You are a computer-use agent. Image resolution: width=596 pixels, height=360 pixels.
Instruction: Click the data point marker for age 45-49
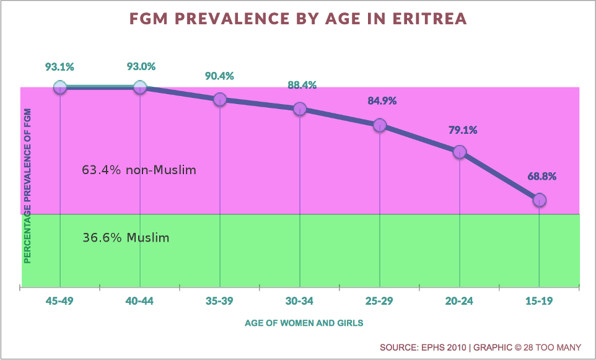click(x=60, y=87)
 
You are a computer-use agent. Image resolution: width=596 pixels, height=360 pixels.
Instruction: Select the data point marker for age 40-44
click(x=140, y=87)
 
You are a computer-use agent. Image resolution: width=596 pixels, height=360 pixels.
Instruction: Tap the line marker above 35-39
click(x=219, y=100)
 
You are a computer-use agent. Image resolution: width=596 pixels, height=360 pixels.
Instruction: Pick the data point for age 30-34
click(x=300, y=108)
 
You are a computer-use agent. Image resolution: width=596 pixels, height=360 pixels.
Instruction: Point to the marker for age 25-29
click(x=380, y=125)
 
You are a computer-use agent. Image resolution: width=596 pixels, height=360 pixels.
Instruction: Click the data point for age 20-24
click(x=459, y=152)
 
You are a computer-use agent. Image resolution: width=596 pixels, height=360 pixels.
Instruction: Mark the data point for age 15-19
click(x=540, y=200)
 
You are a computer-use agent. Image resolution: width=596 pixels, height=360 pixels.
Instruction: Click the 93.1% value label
click(x=59, y=66)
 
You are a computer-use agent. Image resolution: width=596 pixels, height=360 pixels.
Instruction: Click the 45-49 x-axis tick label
click(x=60, y=302)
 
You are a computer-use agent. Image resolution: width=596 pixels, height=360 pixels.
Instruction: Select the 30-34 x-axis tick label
click(x=300, y=302)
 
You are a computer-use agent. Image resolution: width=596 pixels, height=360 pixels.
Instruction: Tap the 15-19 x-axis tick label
click(x=540, y=302)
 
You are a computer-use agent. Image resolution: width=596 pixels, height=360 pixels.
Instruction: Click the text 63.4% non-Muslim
click(x=139, y=169)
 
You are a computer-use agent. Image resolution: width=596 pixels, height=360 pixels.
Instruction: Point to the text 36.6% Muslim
click(x=126, y=237)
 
